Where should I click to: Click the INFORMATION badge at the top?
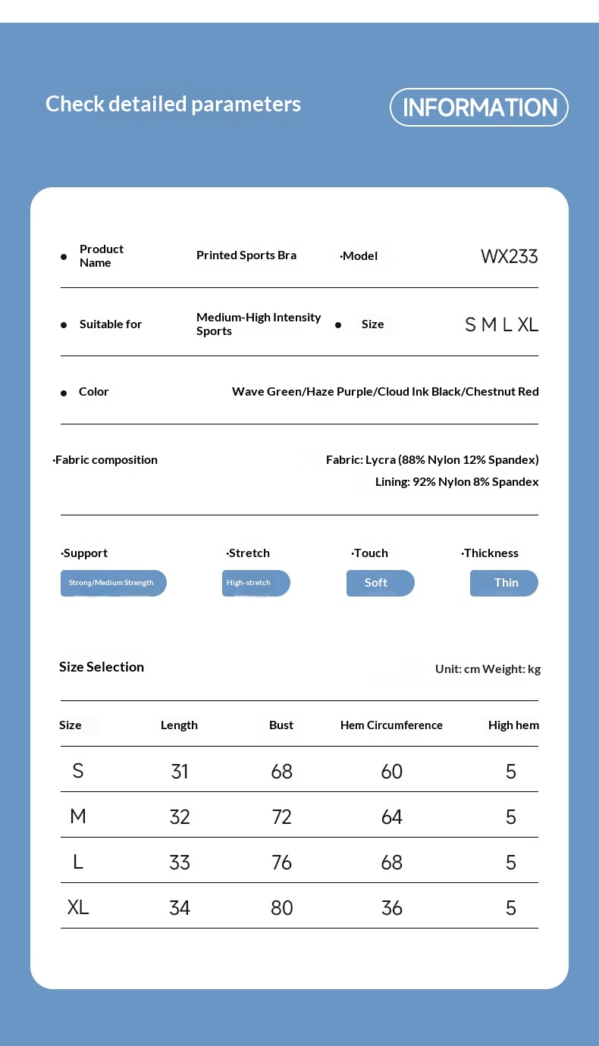pyautogui.click(x=479, y=108)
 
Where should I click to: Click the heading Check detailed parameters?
pyautogui.click(x=173, y=104)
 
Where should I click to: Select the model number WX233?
pyautogui.click(x=509, y=256)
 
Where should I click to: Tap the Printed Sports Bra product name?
pyautogui.click(x=246, y=255)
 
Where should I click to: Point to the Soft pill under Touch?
pyautogui.click(x=380, y=583)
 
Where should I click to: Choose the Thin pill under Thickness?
pyautogui.click(x=504, y=583)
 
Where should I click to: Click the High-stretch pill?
pyautogui.click(x=256, y=583)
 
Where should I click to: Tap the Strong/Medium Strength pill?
pyautogui.click(x=113, y=583)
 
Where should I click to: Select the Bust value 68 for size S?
pyautogui.click(x=281, y=772)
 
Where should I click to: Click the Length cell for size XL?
pyautogui.click(x=180, y=908)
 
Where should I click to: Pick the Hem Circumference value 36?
pyautogui.click(x=391, y=908)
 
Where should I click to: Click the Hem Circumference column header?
pyautogui.click(x=391, y=725)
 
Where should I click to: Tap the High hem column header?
pyautogui.click(x=513, y=725)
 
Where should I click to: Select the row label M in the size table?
pyautogui.click(x=78, y=816)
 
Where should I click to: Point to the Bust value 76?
pyautogui.click(x=281, y=863)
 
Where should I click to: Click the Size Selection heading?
pyautogui.click(x=102, y=667)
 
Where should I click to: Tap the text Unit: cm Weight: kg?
pyautogui.click(x=488, y=669)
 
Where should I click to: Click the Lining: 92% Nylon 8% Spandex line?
pyautogui.click(x=456, y=482)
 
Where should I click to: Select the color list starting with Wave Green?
pyautogui.click(x=385, y=392)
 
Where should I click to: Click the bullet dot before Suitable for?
pyautogui.click(x=64, y=325)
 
